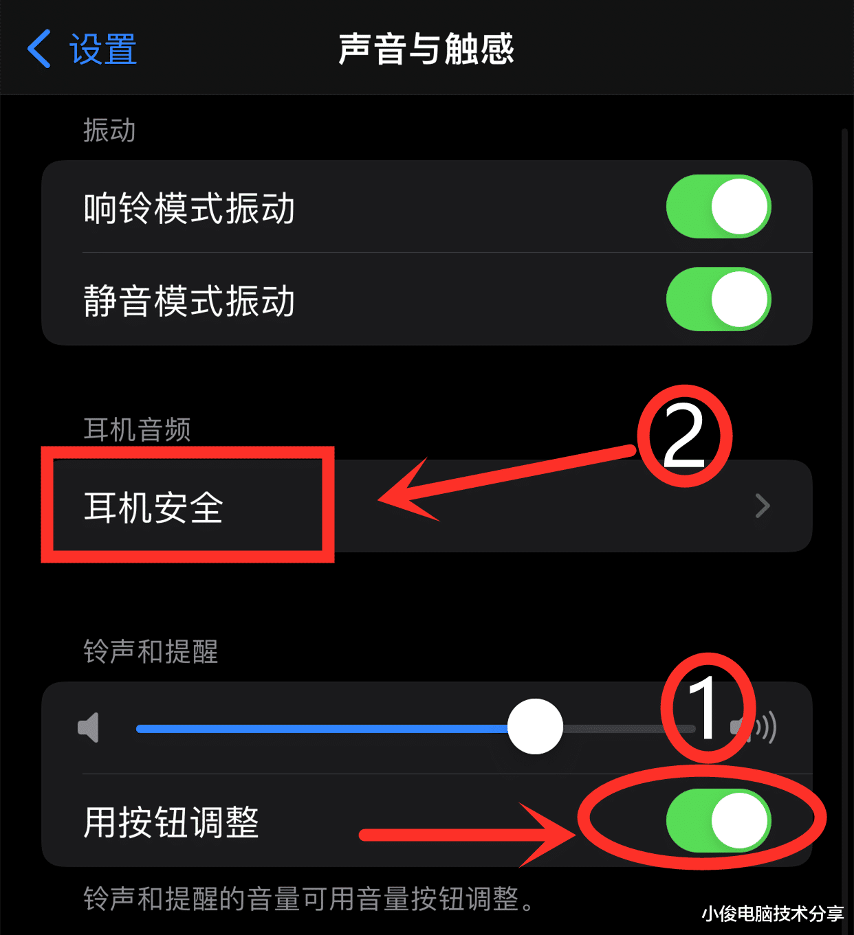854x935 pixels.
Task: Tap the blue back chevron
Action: point(39,49)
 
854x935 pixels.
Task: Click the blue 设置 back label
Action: point(103,49)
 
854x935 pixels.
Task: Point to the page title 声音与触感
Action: point(426,49)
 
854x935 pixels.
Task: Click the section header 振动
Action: point(109,131)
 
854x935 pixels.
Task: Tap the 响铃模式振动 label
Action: point(189,208)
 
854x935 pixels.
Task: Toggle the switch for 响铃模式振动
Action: point(718,207)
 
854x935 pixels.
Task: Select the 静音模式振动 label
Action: point(189,301)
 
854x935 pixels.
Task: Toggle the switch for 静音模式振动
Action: point(718,300)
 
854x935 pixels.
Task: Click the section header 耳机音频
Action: point(137,429)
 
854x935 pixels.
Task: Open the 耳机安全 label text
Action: point(153,508)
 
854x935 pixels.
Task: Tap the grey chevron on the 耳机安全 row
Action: point(762,506)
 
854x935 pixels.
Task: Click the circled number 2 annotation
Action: point(684,436)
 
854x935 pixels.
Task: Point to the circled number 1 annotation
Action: point(707,708)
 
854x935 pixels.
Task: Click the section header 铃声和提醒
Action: point(151,651)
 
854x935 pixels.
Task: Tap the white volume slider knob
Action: point(535,727)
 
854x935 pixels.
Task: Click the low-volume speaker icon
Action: point(89,728)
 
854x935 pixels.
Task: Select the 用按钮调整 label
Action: point(171,822)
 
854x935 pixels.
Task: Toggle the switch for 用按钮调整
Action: point(718,820)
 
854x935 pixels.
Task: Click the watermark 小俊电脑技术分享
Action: point(772,914)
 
